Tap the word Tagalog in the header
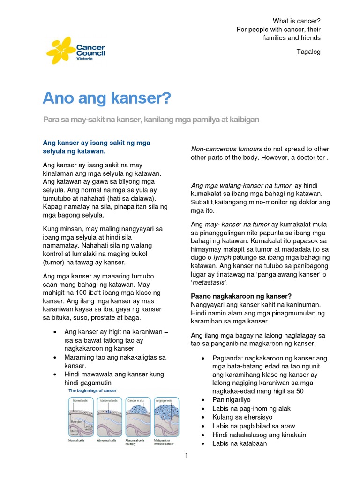pos(308,52)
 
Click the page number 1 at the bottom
pos(186,456)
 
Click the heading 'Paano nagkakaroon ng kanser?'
pos(241,296)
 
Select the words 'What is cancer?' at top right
pos(297,21)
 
